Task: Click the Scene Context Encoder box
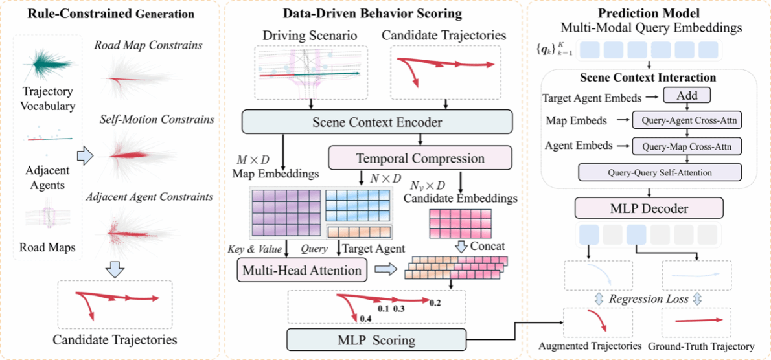pos(377,121)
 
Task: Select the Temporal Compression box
pos(420,159)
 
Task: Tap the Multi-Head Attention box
pos(303,269)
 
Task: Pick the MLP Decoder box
pos(649,208)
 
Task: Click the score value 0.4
pos(365,319)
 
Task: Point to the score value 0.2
pos(434,302)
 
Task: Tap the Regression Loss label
pos(649,298)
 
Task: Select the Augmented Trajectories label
pos(590,346)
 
